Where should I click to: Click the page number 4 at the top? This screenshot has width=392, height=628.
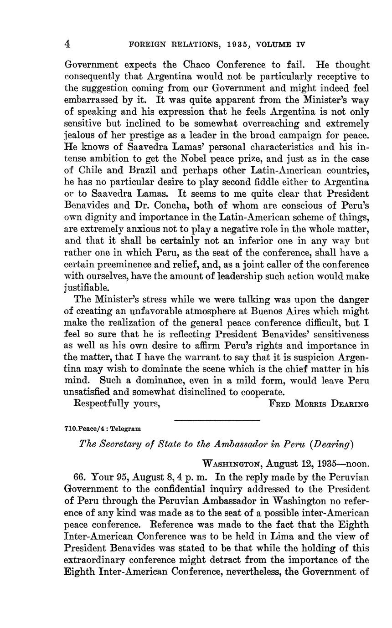[67, 44]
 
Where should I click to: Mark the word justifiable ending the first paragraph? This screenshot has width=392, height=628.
[87, 288]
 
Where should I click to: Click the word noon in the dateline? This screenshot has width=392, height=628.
[358, 464]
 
